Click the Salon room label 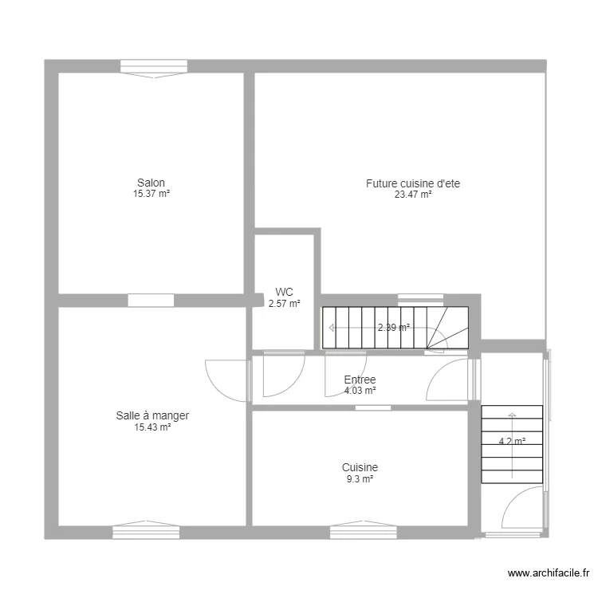point(151,183)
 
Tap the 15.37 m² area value point(151,194)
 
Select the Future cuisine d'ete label point(412,183)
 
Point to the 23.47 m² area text point(412,194)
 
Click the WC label point(284,292)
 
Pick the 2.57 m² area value point(284,303)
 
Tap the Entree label point(360,380)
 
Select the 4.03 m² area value point(360,391)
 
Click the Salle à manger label point(152,415)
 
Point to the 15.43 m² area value point(152,427)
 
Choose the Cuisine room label point(360,467)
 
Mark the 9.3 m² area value point(360,478)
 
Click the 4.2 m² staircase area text point(512,442)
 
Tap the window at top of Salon point(154,69)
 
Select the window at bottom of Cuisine point(363,530)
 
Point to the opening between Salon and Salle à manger point(151,301)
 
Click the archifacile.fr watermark point(549,574)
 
